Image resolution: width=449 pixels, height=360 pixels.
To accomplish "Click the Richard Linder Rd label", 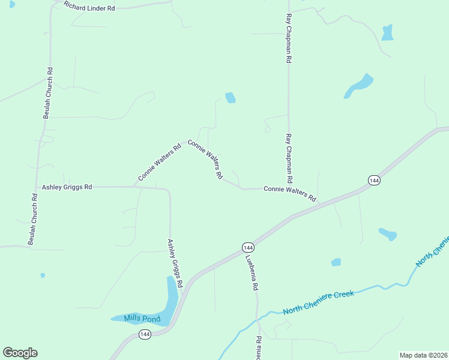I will tap(89, 8).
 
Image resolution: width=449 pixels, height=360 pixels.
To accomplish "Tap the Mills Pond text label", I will tap(142, 319).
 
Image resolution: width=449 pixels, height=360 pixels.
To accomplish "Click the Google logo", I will tap(20, 353).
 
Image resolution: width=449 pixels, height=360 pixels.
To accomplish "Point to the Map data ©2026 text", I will tap(424, 355).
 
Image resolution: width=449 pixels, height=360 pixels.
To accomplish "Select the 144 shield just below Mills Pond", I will tap(145, 335).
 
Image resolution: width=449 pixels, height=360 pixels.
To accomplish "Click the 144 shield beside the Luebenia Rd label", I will tap(248, 247).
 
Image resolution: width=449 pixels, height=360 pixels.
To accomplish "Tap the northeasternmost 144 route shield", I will tap(374, 180).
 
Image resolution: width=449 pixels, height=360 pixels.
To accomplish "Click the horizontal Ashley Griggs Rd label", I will tap(67, 187).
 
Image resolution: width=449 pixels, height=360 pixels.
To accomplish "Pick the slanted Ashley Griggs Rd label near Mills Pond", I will tap(175, 263).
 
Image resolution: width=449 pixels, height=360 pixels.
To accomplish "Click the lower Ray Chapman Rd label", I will tap(289, 158).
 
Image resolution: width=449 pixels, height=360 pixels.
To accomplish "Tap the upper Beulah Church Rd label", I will tap(48, 92).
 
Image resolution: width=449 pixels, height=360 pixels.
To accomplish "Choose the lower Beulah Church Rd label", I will tap(33, 218).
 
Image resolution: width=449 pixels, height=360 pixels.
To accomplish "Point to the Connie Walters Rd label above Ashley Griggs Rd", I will tap(159, 162).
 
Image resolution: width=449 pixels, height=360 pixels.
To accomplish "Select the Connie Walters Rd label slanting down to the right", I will tap(205, 160).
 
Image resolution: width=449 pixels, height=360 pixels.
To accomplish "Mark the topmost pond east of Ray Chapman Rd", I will tap(388, 32).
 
